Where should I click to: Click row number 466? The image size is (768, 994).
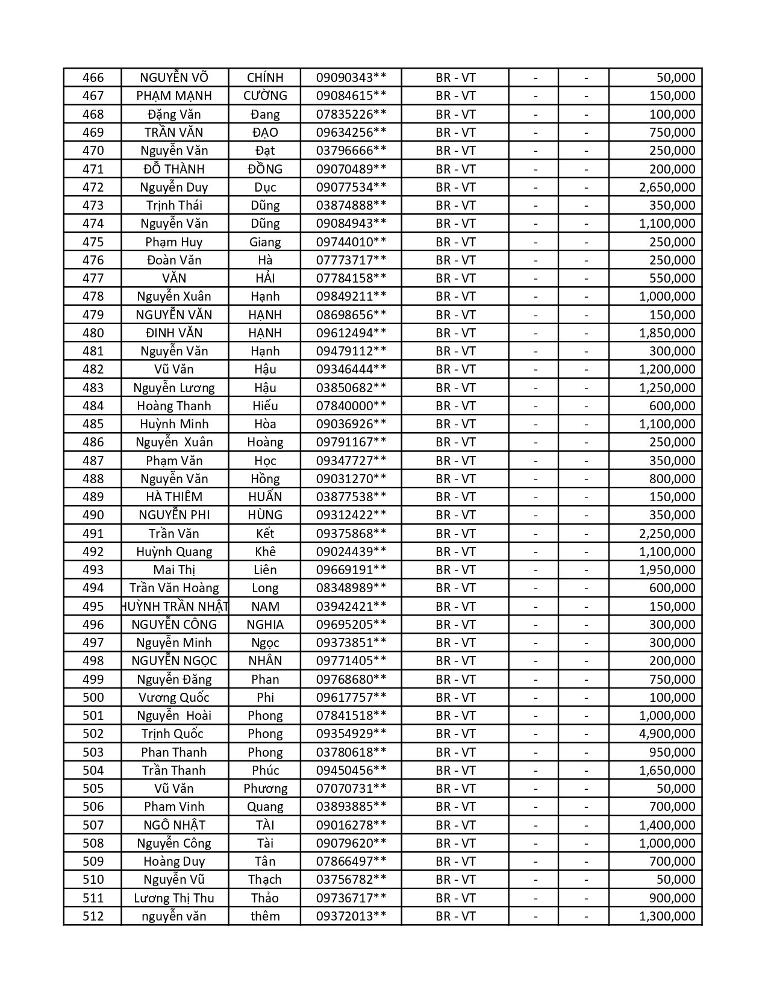[93, 78]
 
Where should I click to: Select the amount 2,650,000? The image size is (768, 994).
[667, 187]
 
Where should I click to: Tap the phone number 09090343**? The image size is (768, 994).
[351, 78]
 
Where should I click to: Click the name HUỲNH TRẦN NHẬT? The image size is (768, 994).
[175, 607]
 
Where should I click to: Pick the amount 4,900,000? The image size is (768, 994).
[667, 734]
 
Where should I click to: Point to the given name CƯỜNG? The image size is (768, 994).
[265, 96]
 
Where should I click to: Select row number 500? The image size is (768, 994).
[93, 698]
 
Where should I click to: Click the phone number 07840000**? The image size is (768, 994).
[351, 406]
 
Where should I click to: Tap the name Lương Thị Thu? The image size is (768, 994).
[174, 898]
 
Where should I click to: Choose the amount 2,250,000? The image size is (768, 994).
[667, 534]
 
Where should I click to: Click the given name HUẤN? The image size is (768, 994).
[265, 497]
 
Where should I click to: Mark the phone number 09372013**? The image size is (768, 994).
[351, 916]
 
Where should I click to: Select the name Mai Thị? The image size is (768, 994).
[174, 570]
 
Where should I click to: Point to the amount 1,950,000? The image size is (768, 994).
[667, 570]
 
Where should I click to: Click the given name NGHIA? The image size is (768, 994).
[265, 625]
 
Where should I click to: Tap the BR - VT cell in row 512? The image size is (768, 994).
[455, 916]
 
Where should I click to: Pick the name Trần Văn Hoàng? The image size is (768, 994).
[174, 588]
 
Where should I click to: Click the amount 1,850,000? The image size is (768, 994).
[667, 333]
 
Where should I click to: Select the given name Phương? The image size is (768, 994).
[265, 789]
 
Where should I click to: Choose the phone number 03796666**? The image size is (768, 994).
[351, 151]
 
